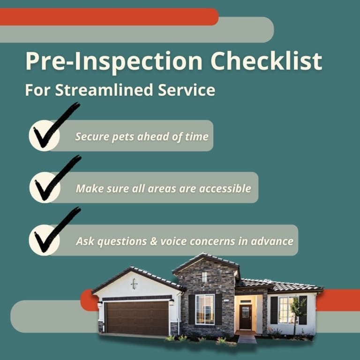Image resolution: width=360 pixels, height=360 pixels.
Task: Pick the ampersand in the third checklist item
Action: (x=152, y=241)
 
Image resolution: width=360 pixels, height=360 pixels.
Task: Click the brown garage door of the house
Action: (x=137, y=318)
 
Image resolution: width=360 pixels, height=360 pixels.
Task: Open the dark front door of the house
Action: (x=246, y=317)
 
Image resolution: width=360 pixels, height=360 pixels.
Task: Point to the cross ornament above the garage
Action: (x=134, y=284)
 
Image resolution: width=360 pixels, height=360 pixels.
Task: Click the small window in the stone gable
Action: (x=204, y=277)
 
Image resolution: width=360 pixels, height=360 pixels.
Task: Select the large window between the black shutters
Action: (x=205, y=309)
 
